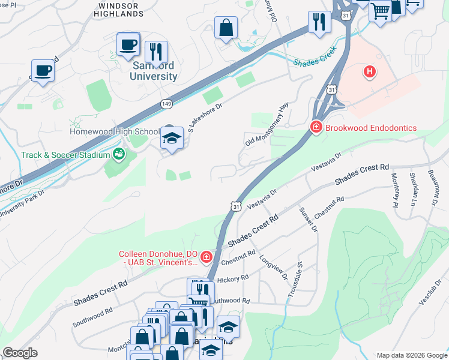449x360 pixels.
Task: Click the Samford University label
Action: click(154, 71)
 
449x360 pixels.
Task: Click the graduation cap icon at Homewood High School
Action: click(172, 139)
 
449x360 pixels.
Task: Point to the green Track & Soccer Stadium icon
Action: click(119, 155)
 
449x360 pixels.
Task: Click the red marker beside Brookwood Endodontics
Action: click(316, 127)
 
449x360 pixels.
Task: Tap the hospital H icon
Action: click(370, 73)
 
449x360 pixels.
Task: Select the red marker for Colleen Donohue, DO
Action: click(206, 257)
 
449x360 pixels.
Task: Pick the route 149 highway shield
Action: click(167, 104)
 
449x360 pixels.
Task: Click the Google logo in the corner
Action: click(20, 352)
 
